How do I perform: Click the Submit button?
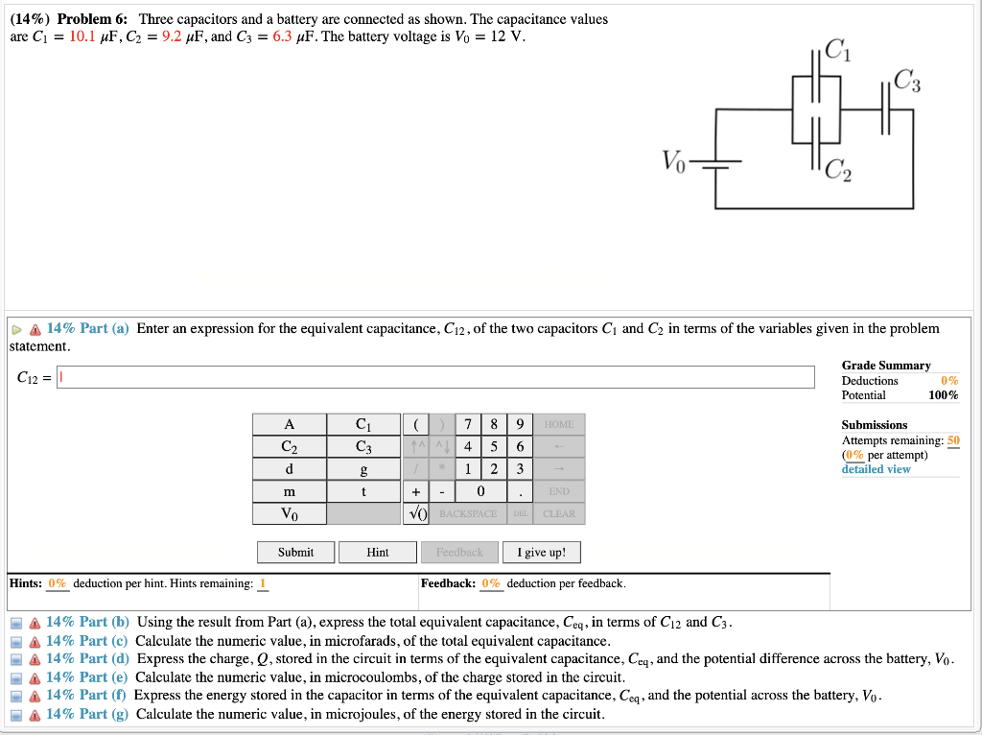[x=295, y=553]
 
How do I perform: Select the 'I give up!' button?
[x=541, y=553]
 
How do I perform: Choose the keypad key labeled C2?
[x=289, y=447]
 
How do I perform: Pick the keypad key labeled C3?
[x=362, y=447]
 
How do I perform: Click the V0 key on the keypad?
[x=289, y=513]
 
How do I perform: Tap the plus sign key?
[x=414, y=491]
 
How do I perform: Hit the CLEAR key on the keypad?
[x=559, y=513]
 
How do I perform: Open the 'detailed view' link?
[x=876, y=469]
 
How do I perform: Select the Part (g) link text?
[x=87, y=714]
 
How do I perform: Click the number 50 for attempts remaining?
[x=952, y=440]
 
